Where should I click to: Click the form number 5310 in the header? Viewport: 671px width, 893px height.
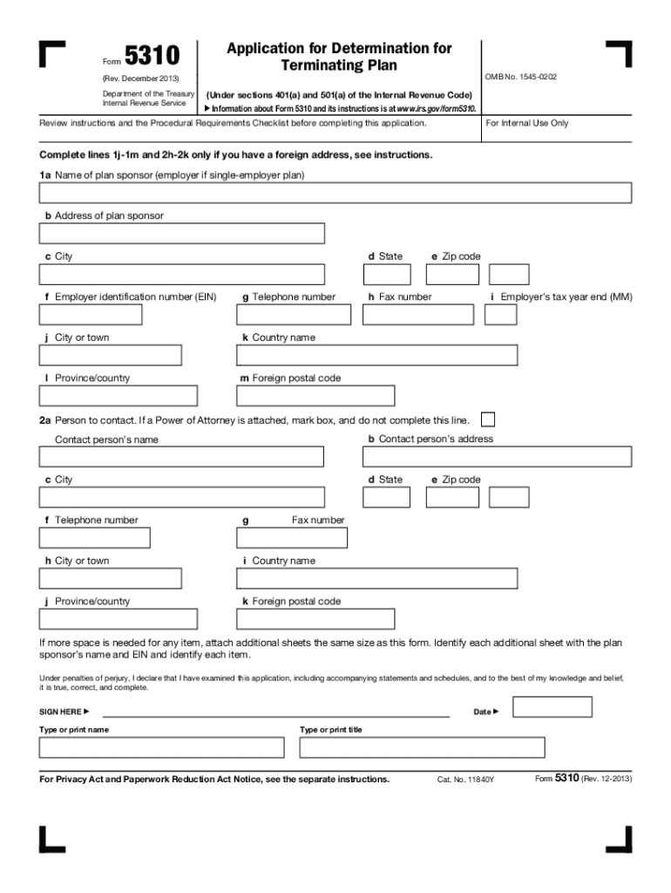point(152,58)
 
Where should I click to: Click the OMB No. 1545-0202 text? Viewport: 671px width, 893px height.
point(521,78)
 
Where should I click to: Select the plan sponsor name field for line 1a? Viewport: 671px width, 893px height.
point(335,193)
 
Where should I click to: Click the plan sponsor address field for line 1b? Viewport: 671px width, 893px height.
point(181,234)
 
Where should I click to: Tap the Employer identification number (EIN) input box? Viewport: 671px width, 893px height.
point(132,314)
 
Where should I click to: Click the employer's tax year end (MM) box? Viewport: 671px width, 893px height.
point(500,314)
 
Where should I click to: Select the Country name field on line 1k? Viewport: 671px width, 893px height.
point(376,355)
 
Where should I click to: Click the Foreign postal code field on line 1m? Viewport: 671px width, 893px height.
point(315,396)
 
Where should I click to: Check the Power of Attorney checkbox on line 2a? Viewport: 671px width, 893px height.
point(490,419)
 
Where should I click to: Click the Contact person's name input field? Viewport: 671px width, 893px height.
point(181,457)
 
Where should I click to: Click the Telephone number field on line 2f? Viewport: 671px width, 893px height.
point(94,538)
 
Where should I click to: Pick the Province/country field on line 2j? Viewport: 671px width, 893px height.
point(110,619)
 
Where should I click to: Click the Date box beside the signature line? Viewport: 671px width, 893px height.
point(552,706)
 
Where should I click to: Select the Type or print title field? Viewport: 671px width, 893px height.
point(422,747)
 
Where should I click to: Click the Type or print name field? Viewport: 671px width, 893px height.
point(161,747)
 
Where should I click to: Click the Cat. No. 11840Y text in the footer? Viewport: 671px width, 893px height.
point(465,779)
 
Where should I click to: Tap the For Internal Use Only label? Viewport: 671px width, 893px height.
point(527,123)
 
